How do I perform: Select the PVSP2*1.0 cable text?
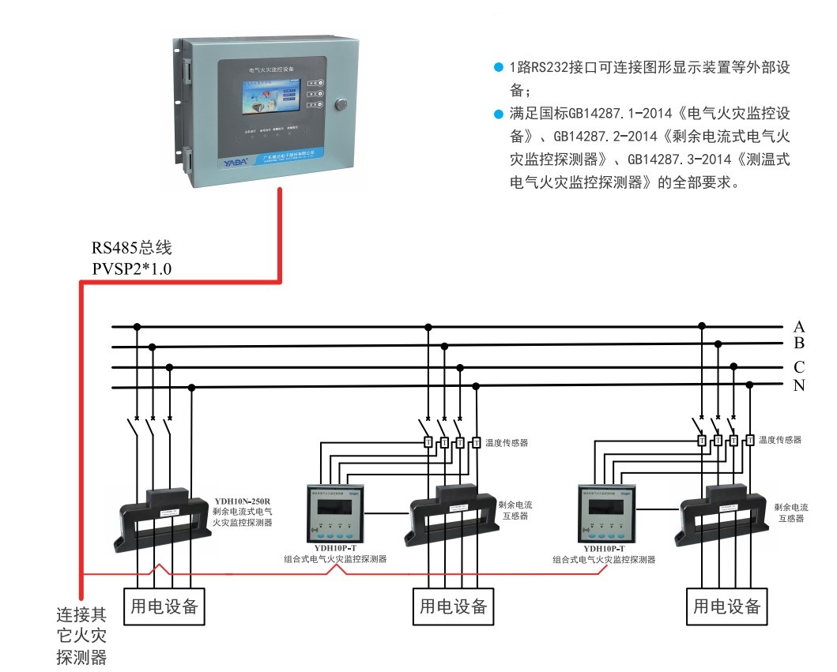click(132, 268)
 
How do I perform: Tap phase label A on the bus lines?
click(799, 327)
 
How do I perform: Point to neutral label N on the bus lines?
click(799, 386)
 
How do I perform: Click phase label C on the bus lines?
click(799, 366)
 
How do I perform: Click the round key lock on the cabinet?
click(341, 103)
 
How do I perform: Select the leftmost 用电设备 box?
click(164, 606)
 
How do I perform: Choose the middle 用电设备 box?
click(454, 606)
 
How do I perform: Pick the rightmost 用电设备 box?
click(727, 606)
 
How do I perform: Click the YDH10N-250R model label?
click(243, 501)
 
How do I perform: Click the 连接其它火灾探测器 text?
click(81, 635)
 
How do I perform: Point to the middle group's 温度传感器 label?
click(506, 443)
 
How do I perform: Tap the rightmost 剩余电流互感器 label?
click(791, 512)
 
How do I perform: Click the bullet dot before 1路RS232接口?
click(498, 68)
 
